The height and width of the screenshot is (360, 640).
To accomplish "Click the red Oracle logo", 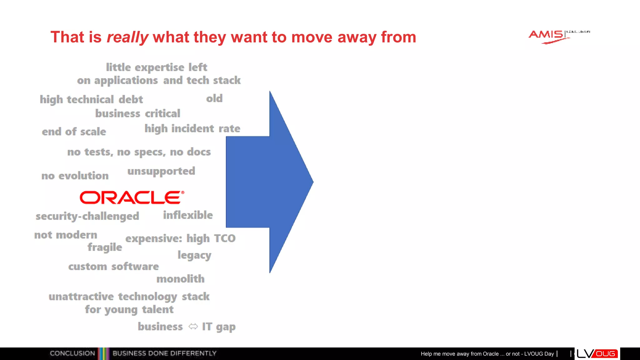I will [x=132, y=197].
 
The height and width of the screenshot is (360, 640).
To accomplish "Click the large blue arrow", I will [x=269, y=182].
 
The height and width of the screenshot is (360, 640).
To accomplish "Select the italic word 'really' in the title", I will [x=127, y=37].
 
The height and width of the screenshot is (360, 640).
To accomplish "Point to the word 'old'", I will [x=214, y=99].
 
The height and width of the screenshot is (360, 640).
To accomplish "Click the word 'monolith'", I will [x=180, y=279].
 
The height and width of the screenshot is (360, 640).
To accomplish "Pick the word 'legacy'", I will [x=194, y=256].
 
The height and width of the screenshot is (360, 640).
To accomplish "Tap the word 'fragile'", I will [x=105, y=247].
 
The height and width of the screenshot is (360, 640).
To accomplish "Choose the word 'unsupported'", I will [x=161, y=172].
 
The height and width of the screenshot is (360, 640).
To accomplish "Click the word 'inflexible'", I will [x=188, y=215].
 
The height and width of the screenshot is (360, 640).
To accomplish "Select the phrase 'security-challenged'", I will [x=87, y=216].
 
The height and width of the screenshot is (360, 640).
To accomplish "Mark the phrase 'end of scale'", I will [x=74, y=132].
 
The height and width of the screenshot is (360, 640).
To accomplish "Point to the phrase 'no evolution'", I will [x=75, y=176].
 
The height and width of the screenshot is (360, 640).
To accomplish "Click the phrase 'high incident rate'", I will [x=192, y=129].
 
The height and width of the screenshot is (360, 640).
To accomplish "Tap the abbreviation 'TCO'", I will [x=225, y=239].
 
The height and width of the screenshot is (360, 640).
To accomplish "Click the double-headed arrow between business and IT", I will [x=193, y=327].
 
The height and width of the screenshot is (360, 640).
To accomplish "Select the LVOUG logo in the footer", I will [x=597, y=354].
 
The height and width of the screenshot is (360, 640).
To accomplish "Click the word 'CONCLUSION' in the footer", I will [x=72, y=353].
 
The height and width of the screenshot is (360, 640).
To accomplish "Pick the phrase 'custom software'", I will [x=113, y=267].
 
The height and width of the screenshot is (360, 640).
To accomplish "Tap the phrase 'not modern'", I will [x=66, y=235].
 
